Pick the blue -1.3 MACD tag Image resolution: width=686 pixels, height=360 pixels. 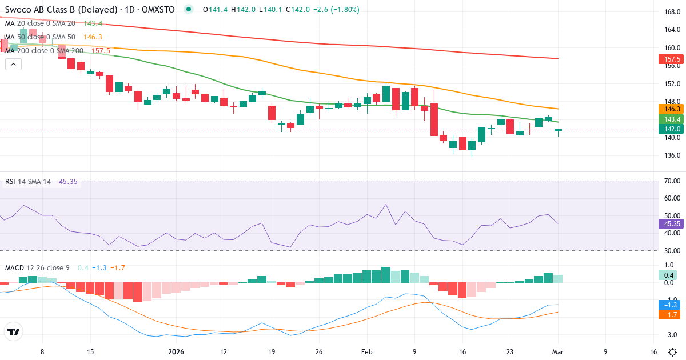[669, 305]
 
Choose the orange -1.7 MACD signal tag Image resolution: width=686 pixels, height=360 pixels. [669, 314]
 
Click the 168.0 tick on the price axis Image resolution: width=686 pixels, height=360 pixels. [672, 12]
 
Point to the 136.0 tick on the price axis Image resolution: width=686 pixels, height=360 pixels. [672, 155]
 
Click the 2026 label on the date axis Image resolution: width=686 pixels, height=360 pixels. [176, 352]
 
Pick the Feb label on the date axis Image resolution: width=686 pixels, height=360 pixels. [366, 352]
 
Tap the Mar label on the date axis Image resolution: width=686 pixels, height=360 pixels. [558, 352]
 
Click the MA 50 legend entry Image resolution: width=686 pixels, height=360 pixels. [40, 37]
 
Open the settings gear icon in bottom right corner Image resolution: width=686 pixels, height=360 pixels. [673, 352]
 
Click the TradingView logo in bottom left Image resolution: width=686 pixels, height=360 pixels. [14, 331]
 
